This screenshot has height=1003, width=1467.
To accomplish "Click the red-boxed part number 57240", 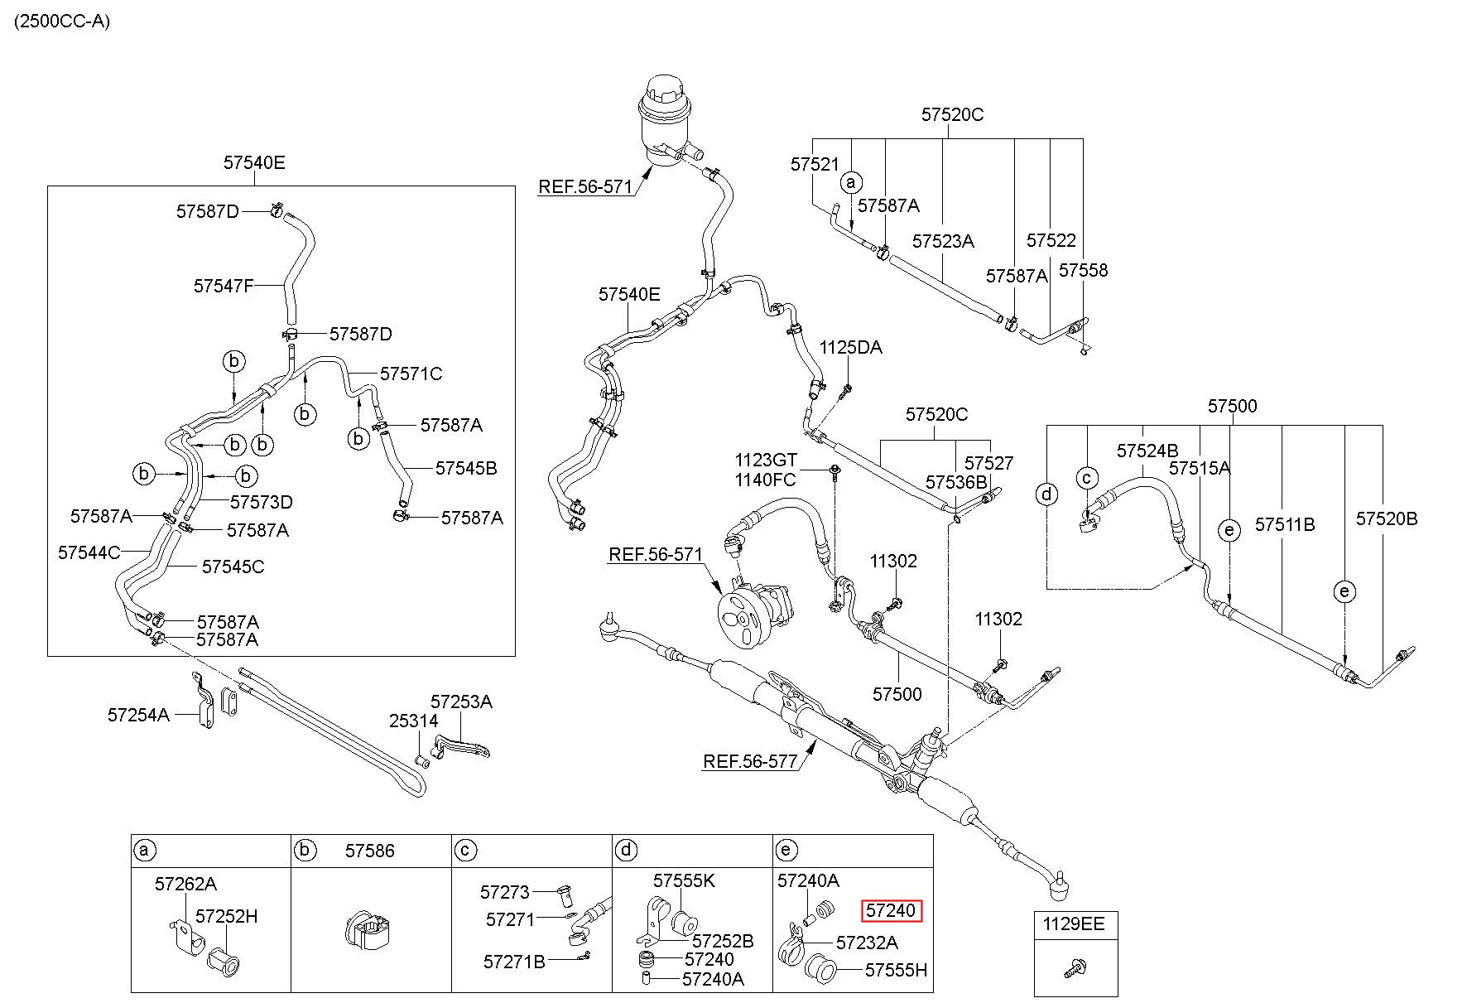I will pos(891,911).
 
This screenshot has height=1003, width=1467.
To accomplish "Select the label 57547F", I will pos(224,286).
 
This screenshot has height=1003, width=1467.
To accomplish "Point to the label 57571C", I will pos(411,374).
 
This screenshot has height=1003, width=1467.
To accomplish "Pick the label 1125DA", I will pos(851,348).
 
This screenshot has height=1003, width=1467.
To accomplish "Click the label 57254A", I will pos(138,714).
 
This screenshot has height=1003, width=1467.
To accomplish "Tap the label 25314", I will pos(414,721).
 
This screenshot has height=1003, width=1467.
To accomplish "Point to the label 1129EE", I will pos(1074,923).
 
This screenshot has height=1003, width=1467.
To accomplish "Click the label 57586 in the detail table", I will pos(370,851).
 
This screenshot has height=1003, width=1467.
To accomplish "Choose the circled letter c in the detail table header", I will pos(466,851).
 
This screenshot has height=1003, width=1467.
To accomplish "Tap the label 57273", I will pos(504,892).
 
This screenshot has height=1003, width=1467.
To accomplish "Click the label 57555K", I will pos(684,880).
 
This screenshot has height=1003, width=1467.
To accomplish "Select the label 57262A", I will pos(185,884).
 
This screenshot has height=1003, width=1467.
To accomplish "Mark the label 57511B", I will pos(1285,524).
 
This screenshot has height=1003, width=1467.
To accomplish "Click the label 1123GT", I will pos(765,459).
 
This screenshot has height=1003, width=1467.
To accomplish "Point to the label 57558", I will pos(1083,270).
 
